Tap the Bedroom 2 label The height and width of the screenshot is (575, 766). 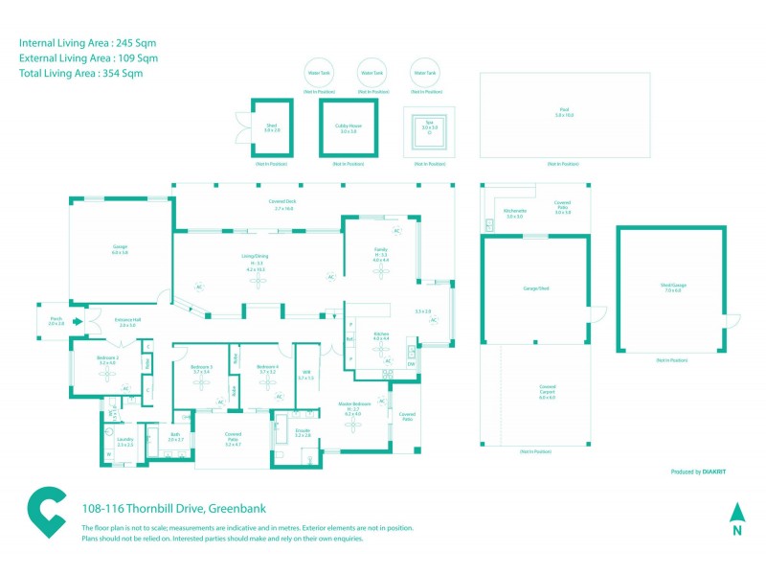[x=107, y=357]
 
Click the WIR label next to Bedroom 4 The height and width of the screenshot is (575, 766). [x=306, y=372]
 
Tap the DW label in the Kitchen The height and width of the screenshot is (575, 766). [x=411, y=364]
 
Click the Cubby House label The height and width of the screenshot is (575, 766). [x=348, y=126]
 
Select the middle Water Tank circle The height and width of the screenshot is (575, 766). [x=371, y=73]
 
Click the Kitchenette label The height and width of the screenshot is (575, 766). [x=514, y=212]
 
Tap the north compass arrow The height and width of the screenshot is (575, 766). [x=736, y=513]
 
